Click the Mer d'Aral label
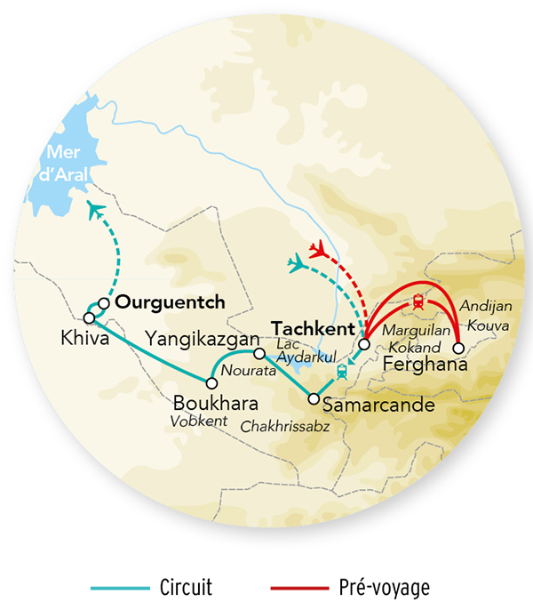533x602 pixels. [x=65, y=163]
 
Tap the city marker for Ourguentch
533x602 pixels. [x=104, y=303]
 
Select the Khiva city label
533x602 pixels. [x=79, y=339]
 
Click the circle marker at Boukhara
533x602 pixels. [x=211, y=383]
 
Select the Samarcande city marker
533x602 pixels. [x=313, y=399]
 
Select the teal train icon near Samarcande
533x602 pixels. [x=340, y=372]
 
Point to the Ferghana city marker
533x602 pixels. [x=459, y=348]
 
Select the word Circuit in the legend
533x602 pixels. [x=185, y=588]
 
